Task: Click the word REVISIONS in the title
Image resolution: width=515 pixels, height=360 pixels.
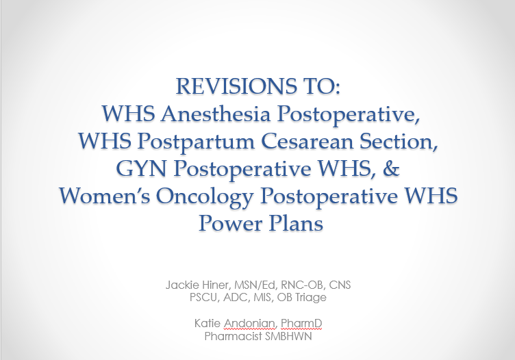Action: [x=236, y=86]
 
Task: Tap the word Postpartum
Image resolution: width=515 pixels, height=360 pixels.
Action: [x=196, y=142]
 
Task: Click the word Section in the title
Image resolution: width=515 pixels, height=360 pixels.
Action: [x=399, y=141]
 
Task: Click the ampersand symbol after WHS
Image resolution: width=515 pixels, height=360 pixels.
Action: [x=391, y=168]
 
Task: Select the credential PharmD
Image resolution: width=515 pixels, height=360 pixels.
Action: [x=301, y=323]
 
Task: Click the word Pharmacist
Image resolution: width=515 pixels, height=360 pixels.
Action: [x=234, y=336]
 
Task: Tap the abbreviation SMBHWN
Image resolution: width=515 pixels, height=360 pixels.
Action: [x=288, y=336]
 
